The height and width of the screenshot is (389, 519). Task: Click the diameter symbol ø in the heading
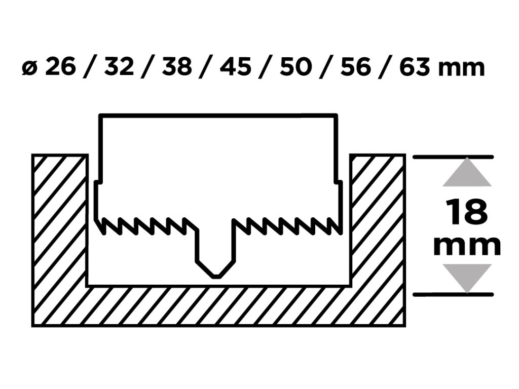point(28,68)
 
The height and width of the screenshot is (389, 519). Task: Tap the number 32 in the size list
point(119,67)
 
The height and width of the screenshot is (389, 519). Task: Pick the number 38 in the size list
point(178,67)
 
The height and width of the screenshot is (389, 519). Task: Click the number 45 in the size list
point(236,67)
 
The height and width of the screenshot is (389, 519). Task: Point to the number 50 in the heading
point(295,67)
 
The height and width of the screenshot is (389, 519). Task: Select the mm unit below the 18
point(467,246)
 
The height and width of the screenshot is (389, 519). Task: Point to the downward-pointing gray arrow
point(467,277)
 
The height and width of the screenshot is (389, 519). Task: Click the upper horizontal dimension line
point(453,157)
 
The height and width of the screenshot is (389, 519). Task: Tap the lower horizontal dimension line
point(453,294)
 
